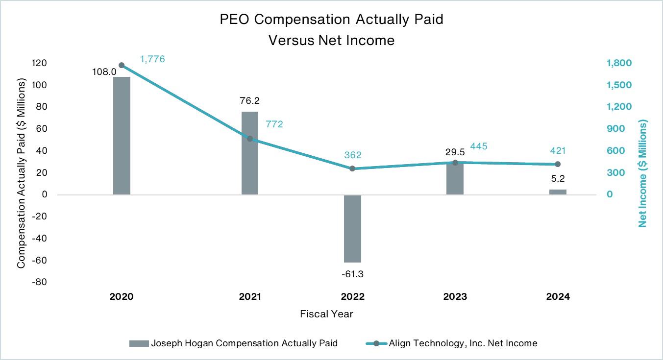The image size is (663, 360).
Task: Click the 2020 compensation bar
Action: point(122,136)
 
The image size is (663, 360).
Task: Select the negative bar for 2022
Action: point(352,228)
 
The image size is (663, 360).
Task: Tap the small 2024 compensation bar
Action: point(558,192)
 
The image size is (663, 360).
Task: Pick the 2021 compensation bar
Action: point(250,153)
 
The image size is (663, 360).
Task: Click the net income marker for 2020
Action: point(122,65)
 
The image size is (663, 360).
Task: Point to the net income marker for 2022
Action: point(352,168)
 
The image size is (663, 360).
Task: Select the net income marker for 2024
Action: point(558,164)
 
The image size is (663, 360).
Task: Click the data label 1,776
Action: point(152,59)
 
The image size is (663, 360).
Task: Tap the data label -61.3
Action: point(352,273)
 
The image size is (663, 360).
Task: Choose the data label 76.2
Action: point(250,101)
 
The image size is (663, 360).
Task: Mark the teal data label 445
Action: point(479,146)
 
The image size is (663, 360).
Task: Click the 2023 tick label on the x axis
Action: point(455,297)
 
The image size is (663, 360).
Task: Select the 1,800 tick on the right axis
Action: point(618,63)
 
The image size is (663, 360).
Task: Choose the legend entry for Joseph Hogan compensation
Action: point(233,343)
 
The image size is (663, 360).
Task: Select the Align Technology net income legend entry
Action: point(451,343)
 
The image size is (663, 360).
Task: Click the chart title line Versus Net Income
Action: point(331,40)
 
